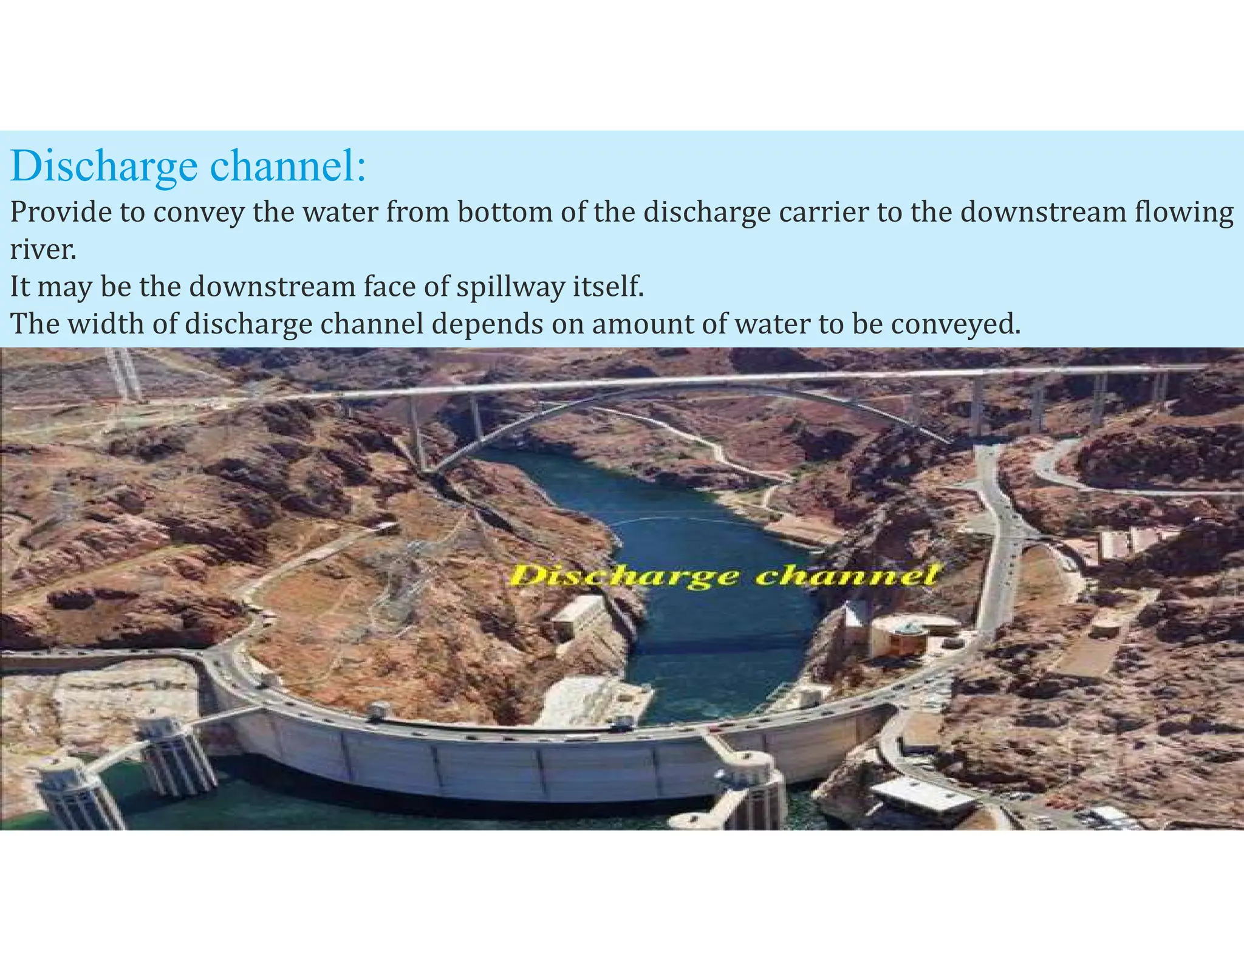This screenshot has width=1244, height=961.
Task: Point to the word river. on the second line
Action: tap(43, 250)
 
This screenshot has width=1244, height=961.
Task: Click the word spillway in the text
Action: tap(511, 287)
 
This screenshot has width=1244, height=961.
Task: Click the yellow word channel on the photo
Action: tap(848, 574)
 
